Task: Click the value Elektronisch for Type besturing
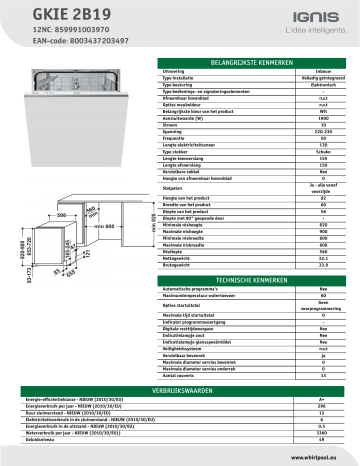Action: pos(309,87)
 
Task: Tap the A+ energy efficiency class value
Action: pos(322,397)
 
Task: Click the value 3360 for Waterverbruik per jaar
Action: pos(322,433)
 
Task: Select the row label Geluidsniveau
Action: pos(40,440)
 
